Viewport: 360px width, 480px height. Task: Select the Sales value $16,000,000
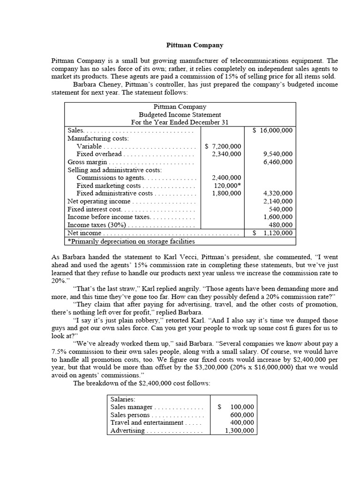click(x=272, y=130)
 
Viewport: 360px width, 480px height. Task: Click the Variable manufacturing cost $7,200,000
click(x=224, y=146)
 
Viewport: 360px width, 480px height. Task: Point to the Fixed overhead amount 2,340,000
click(x=226, y=154)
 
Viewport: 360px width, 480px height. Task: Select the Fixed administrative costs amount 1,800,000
click(x=226, y=193)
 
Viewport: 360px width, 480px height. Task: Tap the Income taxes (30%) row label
click(x=92, y=225)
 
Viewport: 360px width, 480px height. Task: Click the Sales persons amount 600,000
click(x=242, y=415)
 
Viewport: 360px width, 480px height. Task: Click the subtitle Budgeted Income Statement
click(x=180, y=114)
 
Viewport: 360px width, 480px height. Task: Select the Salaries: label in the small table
click(x=122, y=399)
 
